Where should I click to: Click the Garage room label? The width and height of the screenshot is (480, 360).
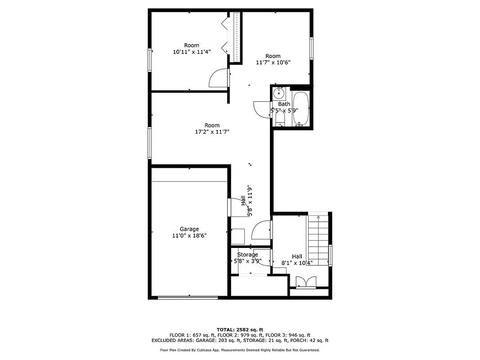click(189, 229)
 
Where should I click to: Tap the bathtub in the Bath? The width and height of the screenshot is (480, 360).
click(300, 109)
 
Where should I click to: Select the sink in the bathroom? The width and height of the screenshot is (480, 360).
click(279, 94)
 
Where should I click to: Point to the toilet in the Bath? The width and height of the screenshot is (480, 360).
click(280, 119)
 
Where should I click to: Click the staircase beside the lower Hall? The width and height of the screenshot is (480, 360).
click(319, 241)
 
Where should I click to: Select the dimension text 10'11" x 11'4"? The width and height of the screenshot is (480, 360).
click(192, 52)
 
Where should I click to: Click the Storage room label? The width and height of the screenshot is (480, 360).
click(247, 255)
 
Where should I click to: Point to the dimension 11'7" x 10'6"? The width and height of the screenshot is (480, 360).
click(273, 63)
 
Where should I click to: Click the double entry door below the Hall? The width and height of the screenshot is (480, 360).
click(306, 282)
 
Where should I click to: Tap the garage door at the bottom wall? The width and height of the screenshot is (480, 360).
click(188, 297)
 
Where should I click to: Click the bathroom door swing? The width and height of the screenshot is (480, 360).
click(262, 108)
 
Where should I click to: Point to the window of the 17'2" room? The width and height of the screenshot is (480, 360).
click(150, 143)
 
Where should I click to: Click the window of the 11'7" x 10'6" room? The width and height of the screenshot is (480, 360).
click(311, 48)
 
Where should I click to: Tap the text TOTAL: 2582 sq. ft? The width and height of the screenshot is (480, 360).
click(240, 329)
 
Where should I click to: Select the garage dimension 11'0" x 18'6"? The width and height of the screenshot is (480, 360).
click(189, 235)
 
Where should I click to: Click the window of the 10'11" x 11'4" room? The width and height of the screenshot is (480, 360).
click(150, 60)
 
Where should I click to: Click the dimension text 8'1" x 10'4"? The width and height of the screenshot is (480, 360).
click(297, 263)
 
